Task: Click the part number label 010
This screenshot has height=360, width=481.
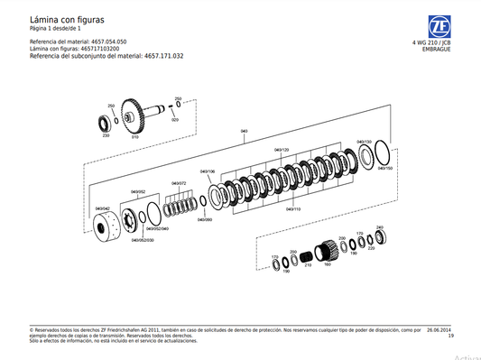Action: pyautogui.click(x=135, y=137)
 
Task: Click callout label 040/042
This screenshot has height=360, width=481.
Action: pyautogui.click(x=103, y=208)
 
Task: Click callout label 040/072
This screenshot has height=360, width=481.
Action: pyautogui.click(x=176, y=184)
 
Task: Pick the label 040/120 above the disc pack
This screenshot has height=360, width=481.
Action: pyautogui.click(x=281, y=150)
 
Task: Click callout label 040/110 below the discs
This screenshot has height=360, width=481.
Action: pyautogui.click(x=293, y=208)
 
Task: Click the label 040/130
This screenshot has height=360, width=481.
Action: pyautogui.click(x=364, y=142)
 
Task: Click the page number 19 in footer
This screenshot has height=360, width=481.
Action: pyautogui.click(x=449, y=337)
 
